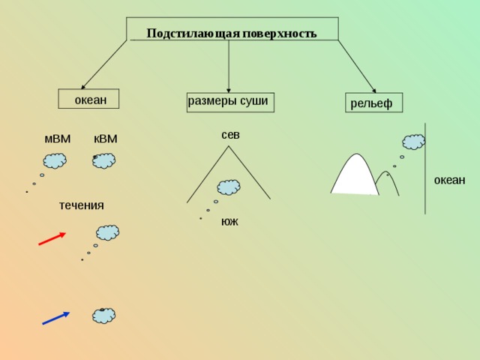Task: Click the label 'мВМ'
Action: point(58,139)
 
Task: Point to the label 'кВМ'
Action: point(105,139)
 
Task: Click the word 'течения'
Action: point(82,205)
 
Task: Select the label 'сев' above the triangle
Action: point(230,135)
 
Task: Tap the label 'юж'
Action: point(229,221)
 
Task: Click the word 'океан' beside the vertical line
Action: point(449,180)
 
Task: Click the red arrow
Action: point(52,238)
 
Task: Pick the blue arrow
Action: point(55,318)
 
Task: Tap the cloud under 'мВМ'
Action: point(55,160)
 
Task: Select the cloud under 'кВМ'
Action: point(104,160)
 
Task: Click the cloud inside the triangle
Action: point(229,187)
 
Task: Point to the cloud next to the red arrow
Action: point(107,232)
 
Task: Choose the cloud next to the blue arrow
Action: point(104,316)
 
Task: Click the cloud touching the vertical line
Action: point(413,142)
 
